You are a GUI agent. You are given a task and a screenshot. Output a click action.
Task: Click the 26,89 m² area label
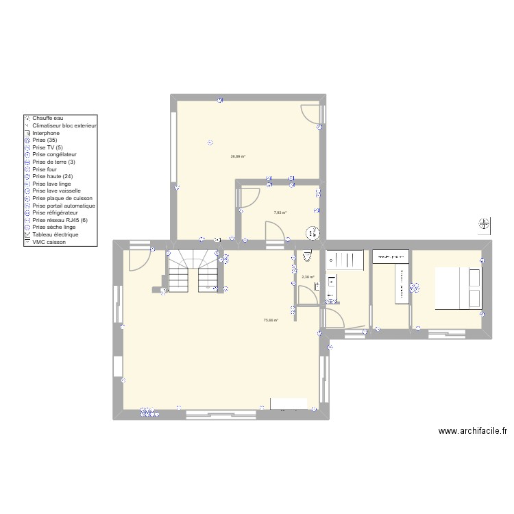coord(238,156)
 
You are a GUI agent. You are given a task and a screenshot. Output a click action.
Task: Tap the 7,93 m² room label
coord(280,212)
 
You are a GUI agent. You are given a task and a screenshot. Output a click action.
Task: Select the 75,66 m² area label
coord(271,320)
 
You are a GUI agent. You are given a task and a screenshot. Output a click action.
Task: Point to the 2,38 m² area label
coord(308,278)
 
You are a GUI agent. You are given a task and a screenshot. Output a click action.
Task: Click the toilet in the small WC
coord(306,257)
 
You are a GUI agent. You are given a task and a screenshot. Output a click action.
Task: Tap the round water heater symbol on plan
coord(313,232)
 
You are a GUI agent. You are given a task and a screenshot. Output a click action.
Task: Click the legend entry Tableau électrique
coord(55,234)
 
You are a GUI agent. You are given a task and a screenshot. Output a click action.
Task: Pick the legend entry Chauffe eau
coord(47,119)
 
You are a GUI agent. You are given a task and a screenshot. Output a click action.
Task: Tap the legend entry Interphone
coord(46,133)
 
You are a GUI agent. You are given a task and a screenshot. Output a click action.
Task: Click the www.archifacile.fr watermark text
coord(473,431)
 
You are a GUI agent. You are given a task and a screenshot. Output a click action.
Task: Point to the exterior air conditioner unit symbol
coord(485,224)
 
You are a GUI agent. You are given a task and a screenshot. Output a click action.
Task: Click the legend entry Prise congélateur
coord(54,155)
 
